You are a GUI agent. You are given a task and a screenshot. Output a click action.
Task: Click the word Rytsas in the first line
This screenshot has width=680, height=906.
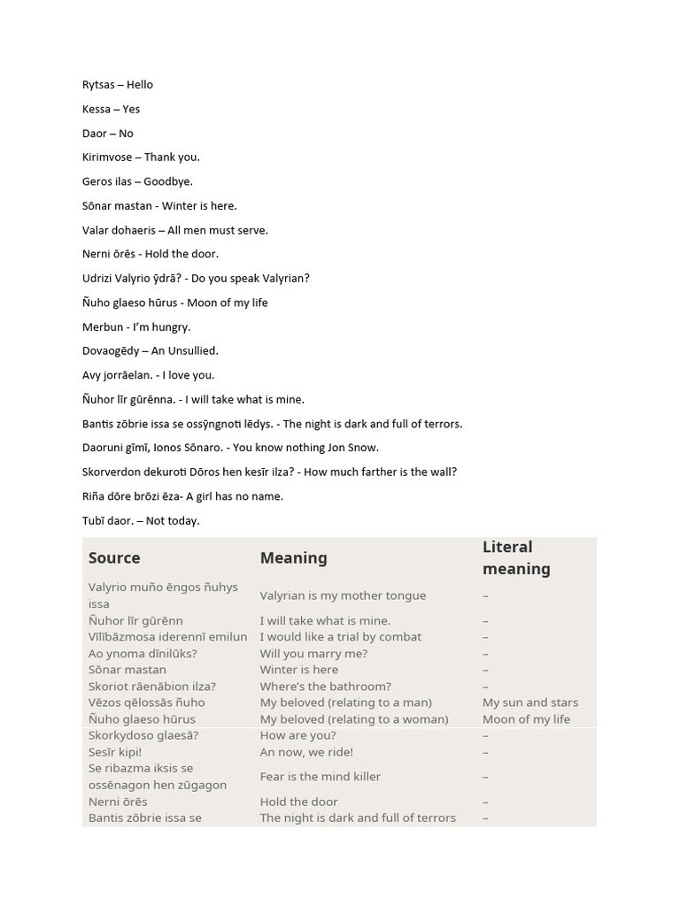pyautogui.click(x=98, y=85)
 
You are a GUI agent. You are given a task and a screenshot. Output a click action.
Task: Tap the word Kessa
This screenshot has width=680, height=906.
pyautogui.click(x=97, y=110)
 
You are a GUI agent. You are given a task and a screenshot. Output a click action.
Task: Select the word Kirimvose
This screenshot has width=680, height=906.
pyautogui.click(x=106, y=157)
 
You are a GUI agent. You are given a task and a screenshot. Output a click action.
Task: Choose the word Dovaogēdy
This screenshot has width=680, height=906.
pyautogui.click(x=111, y=351)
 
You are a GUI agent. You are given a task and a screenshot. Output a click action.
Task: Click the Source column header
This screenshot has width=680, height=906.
pyautogui.click(x=114, y=558)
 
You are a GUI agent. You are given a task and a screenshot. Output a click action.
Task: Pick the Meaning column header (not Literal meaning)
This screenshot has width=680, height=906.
pyautogui.click(x=293, y=558)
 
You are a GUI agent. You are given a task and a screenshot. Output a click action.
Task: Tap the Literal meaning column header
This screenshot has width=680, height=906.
pyautogui.click(x=516, y=558)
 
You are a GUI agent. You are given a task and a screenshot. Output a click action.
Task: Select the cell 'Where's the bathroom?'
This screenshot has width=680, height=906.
pyautogui.click(x=325, y=687)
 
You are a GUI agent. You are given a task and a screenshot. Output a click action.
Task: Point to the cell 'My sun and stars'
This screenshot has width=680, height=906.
pyautogui.click(x=529, y=703)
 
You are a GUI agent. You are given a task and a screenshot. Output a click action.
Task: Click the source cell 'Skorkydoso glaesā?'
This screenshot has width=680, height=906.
pyautogui.click(x=143, y=735)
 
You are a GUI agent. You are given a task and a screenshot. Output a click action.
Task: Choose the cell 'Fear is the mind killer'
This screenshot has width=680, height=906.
pyautogui.click(x=320, y=777)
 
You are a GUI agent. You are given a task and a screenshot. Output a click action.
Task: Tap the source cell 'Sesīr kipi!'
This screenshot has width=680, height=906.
pyautogui.click(x=115, y=752)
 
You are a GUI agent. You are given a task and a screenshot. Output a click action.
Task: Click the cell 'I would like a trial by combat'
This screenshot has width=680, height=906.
pyautogui.click(x=340, y=637)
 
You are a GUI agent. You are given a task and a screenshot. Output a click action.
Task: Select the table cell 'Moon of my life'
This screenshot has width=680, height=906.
pyautogui.click(x=526, y=719)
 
